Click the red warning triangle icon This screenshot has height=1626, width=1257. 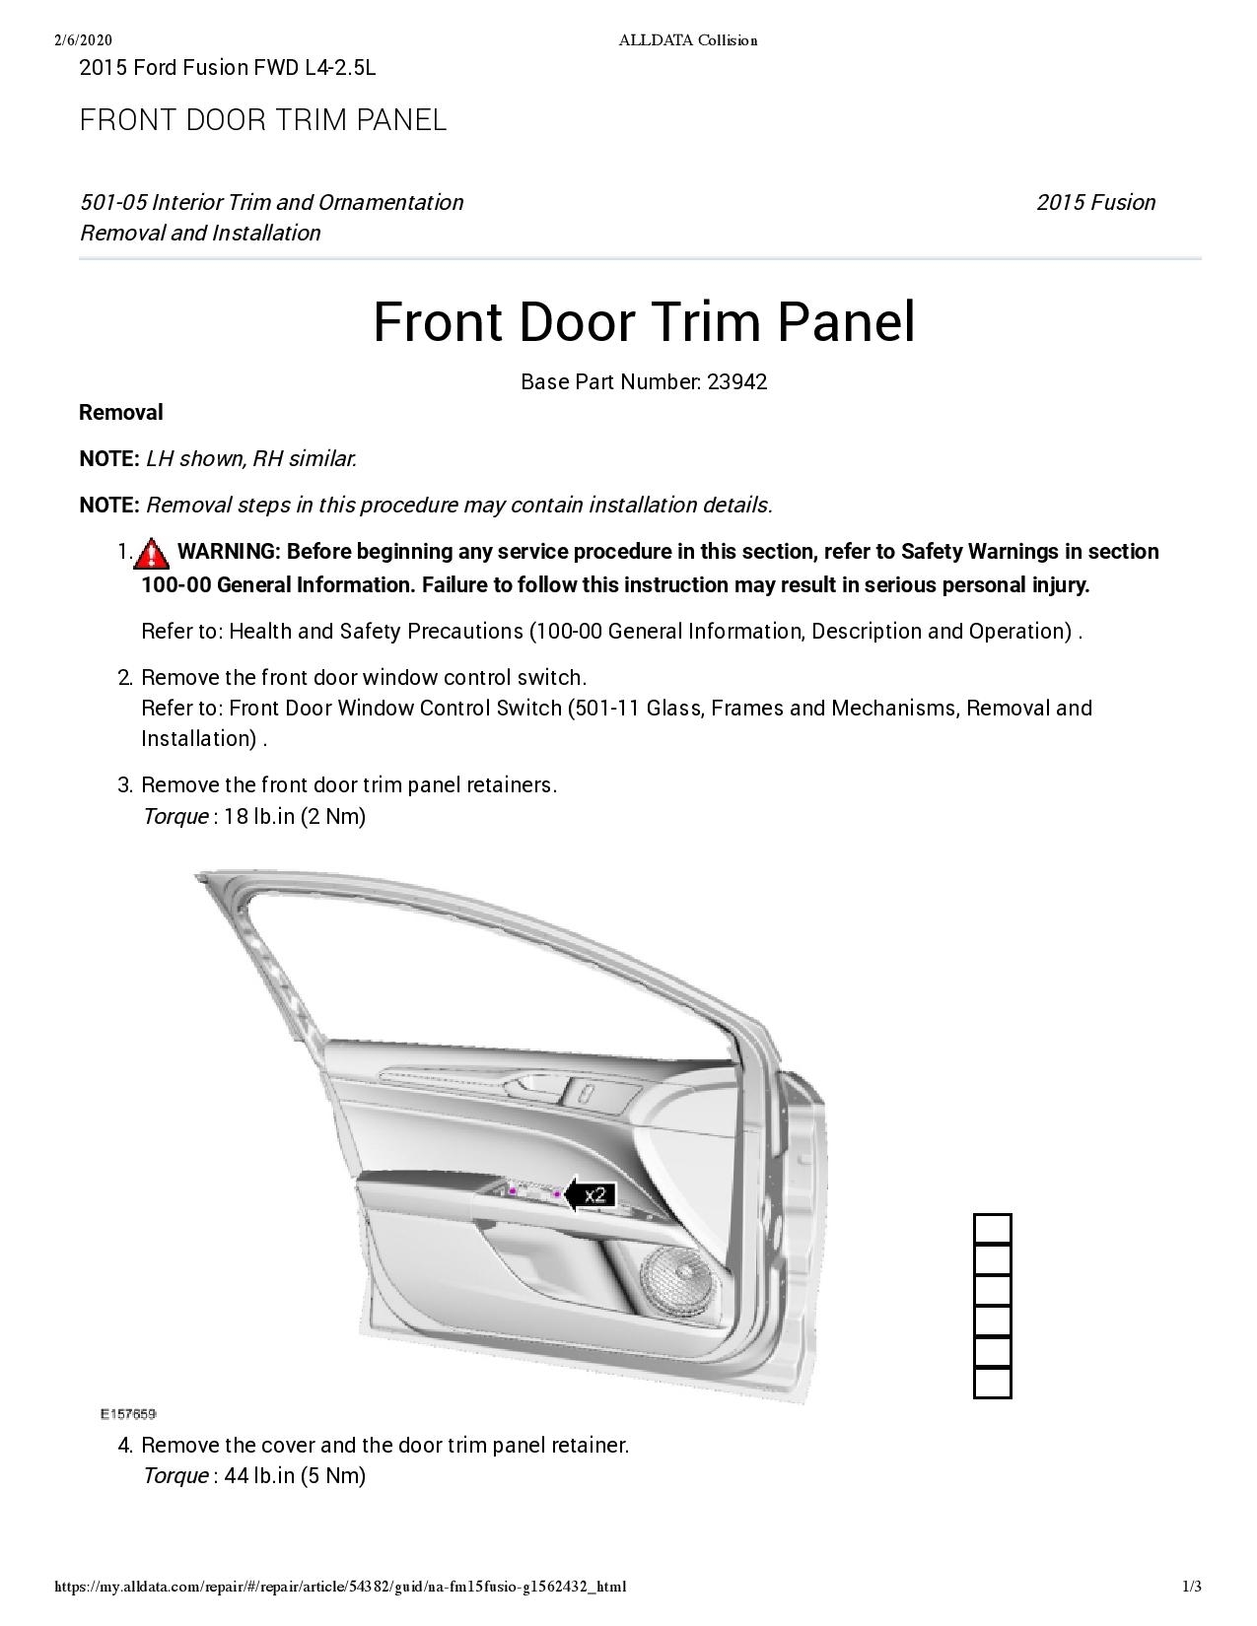(x=152, y=554)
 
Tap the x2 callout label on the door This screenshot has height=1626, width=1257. (x=594, y=1195)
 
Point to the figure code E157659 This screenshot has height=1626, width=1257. (x=128, y=1414)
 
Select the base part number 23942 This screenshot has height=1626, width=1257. (x=736, y=382)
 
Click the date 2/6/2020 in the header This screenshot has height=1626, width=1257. (x=84, y=40)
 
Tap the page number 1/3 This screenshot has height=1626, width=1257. (x=1192, y=1587)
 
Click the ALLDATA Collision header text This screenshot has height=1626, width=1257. (x=687, y=40)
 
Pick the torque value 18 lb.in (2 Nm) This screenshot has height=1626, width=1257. (x=295, y=817)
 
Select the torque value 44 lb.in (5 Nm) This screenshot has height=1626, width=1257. (x=295, y=1476)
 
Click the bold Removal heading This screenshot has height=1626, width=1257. (x=121, y=413)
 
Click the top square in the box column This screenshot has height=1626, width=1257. (x=993, y=1229)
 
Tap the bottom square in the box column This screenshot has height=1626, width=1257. (x=993, y=1383)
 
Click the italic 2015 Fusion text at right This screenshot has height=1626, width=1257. (x=1095, y=203)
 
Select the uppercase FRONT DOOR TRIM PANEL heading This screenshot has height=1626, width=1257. (x=263, y=120)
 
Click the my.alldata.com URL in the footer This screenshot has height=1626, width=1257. (x=340, y=1587)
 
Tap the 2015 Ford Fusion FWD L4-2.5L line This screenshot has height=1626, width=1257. (x=228, y=68)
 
